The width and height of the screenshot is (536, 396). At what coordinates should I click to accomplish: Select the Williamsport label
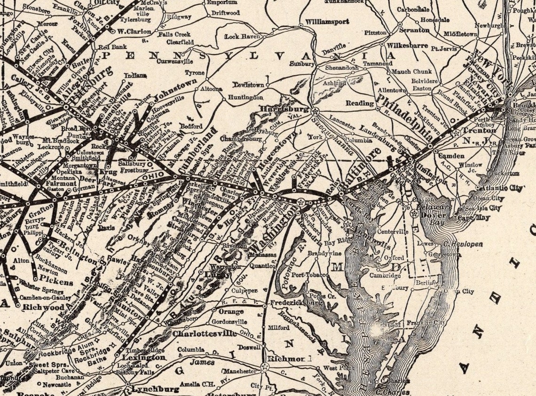pos(327,22)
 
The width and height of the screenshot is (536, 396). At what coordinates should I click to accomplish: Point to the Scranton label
pos(414,30)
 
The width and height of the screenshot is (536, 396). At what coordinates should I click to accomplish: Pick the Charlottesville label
pos(204,333)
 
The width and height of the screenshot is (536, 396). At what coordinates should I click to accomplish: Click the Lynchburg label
pos(155,389)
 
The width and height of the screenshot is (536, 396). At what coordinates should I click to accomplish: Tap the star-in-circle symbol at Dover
pos(414,213)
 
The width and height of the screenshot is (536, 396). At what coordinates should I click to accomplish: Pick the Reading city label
pos(360,103)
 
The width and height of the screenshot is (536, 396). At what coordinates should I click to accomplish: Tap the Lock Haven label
pos(243,36)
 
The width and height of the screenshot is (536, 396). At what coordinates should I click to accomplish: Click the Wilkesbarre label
pos(407,46)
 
